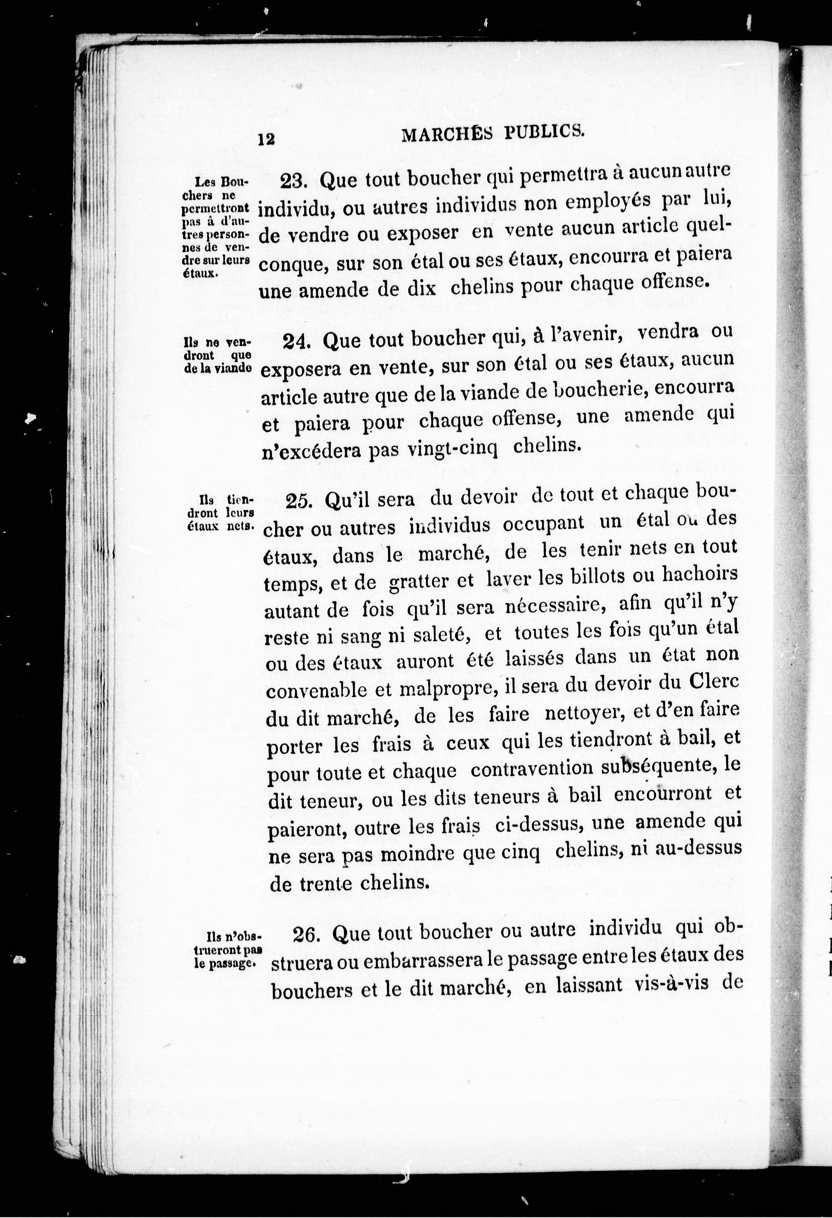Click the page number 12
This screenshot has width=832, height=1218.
pos(266,139)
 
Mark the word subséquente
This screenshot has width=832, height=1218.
pos(658,766)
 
